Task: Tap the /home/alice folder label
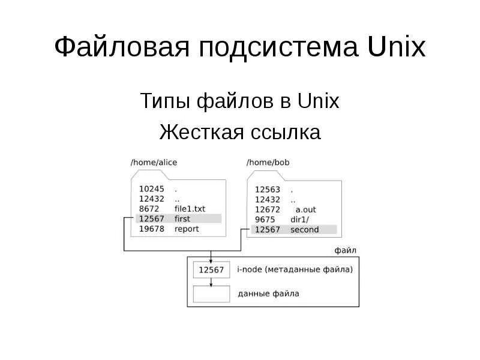154,162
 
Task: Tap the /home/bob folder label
268,162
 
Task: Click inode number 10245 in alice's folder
151,188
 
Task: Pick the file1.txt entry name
190,208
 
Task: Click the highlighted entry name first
182,218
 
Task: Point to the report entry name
186,229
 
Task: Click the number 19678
151,229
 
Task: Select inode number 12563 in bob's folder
267,190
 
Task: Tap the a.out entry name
305,209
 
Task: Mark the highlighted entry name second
304,230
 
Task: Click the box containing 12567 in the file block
211,270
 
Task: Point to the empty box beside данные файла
211,294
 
